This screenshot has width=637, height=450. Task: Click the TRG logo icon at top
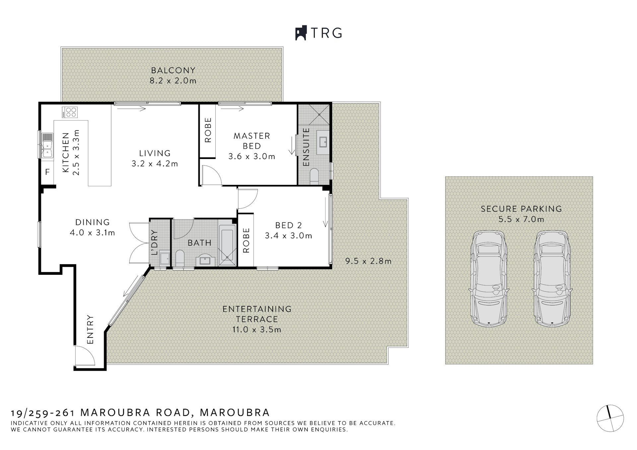coord(301,33)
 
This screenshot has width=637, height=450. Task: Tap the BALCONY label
coord(173,70)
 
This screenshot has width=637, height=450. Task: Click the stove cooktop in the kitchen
coord(70,112)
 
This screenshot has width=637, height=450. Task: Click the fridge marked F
coord(47,172)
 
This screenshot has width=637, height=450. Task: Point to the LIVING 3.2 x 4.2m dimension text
coord(155,164)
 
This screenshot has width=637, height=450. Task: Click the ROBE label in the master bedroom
coord(208,130)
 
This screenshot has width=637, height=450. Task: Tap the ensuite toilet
coord(314,176)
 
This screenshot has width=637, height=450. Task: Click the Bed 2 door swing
coord(248,199)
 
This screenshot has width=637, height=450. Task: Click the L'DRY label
coord(154,243)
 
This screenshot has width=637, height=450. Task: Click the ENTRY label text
coord(90,330)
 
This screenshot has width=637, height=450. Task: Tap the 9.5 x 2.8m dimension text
coord(368,261)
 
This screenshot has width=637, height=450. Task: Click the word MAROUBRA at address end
coord(235,412)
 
